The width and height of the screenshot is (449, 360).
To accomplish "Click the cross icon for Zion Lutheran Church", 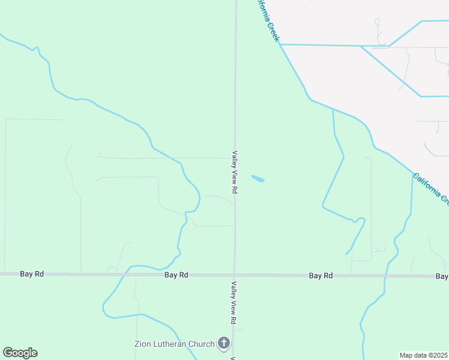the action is (x=223, y=344).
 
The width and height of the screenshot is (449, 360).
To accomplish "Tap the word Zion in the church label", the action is (x=142, y=344).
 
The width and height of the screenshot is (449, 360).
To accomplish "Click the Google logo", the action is (x=20, y=353).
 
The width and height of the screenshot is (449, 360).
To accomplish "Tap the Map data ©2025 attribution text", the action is (x=424, y=355).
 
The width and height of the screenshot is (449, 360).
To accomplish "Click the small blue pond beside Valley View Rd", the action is (x=258, y=179).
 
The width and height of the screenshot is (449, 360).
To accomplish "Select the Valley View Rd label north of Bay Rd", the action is (x=235, y=172).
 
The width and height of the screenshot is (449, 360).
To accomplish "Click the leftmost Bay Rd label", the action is (x=32, y=274).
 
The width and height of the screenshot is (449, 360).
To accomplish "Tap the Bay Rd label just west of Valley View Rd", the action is (x=176, y=275).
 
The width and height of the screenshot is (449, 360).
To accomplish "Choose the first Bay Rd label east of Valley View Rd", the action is (x=321, y=275).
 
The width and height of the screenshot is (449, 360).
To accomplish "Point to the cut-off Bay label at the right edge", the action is (x=442, y=276).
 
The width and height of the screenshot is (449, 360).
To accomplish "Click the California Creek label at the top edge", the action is (x=270, y=20).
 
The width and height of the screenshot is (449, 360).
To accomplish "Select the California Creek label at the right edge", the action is (x=432, y=188).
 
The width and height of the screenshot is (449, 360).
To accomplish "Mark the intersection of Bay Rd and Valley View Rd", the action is (x=235, y=275).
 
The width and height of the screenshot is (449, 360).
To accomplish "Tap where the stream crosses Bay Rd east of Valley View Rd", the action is (x=385, y=276).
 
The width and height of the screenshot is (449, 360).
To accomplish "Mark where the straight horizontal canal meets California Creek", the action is (x=281, y=44).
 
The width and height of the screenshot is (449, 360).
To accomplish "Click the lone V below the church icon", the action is (x=232, y=358).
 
